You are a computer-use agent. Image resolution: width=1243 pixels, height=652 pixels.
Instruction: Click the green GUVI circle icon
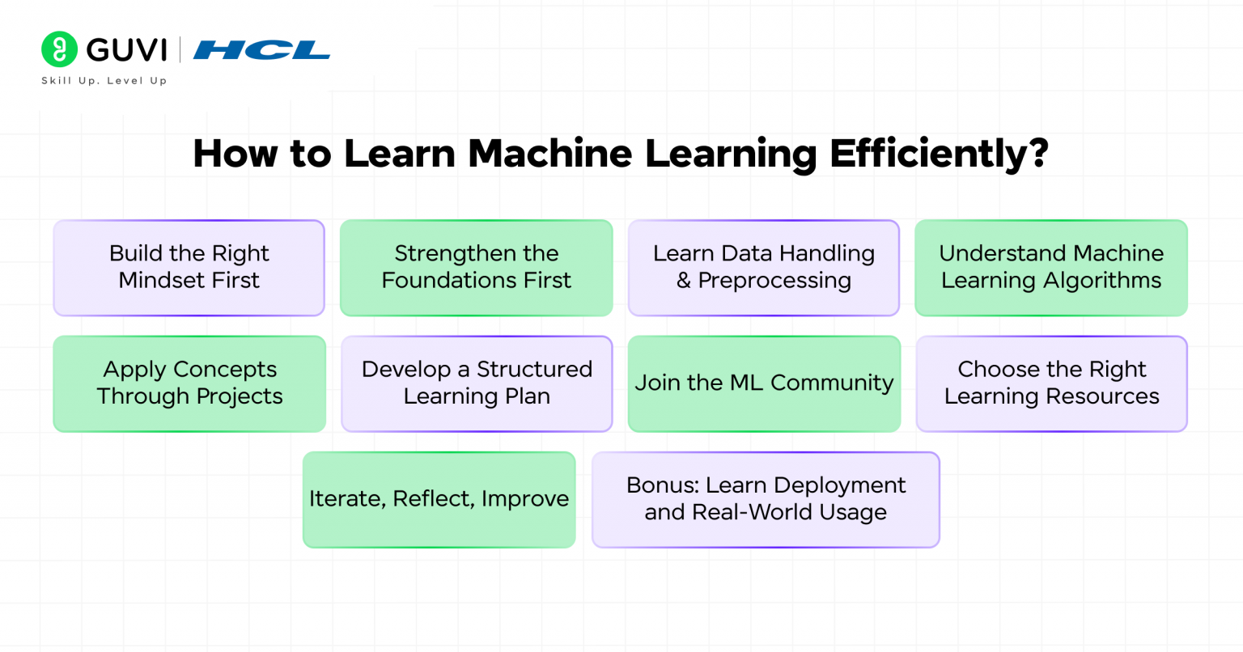click(59, 49)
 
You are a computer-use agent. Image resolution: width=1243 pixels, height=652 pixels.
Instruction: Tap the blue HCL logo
click(261, 50)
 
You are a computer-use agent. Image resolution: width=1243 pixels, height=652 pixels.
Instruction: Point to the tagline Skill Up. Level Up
click(104, 81)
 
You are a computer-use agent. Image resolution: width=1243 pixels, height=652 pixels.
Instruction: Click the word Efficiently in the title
click(929, 153)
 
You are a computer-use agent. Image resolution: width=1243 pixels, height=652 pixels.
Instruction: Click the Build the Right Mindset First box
click(189, 267)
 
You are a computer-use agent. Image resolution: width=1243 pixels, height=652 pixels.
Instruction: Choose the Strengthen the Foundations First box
click(476, 267)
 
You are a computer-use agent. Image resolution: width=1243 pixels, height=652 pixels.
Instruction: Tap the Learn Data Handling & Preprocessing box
click(763, 267)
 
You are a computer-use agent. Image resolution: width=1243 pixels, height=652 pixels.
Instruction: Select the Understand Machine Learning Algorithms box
click(1050, 267)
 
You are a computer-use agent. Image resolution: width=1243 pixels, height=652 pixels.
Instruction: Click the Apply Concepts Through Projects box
click(189, 383)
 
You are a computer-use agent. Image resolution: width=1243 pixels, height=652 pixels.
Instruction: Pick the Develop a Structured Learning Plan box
click(477, 383)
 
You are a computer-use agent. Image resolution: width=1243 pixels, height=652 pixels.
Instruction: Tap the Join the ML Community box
click(764, 383)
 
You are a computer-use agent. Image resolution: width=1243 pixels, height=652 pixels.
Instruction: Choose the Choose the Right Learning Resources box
click(1051, 383)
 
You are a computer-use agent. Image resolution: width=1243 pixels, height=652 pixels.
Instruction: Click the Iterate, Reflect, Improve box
click(439, 499)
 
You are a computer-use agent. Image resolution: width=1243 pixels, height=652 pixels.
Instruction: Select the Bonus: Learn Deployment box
click(766, 499)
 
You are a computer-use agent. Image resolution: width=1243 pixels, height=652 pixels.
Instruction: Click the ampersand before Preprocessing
click(684, 281)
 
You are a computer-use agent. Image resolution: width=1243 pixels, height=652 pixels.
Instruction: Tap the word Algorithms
click(1103, 281)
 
